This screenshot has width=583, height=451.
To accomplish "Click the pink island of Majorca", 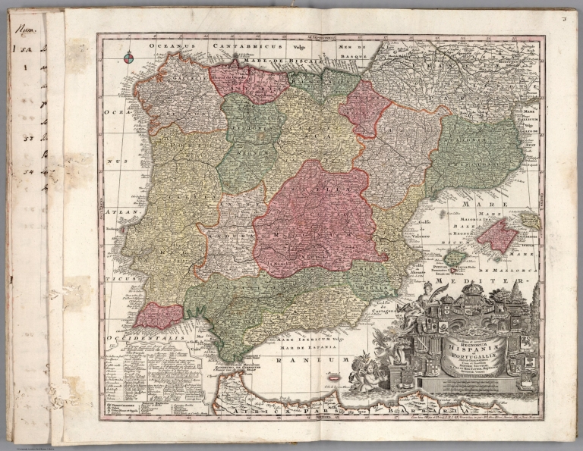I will pos(497,236).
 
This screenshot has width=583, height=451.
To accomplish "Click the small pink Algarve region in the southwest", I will pos(159,315).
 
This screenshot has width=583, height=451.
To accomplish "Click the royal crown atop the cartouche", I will pos(473,289).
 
